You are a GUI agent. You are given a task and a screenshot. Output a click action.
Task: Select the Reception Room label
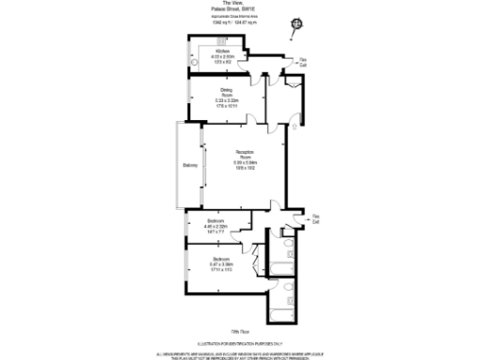(246, 161)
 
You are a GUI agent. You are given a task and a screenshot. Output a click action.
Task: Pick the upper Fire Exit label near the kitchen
(303, 63)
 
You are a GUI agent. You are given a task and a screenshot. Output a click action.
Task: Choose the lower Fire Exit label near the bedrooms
(316, 218)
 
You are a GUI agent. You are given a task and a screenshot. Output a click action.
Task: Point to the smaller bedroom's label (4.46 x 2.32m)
(217, 226)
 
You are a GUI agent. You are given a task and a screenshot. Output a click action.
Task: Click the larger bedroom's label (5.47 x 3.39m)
(222, 262)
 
